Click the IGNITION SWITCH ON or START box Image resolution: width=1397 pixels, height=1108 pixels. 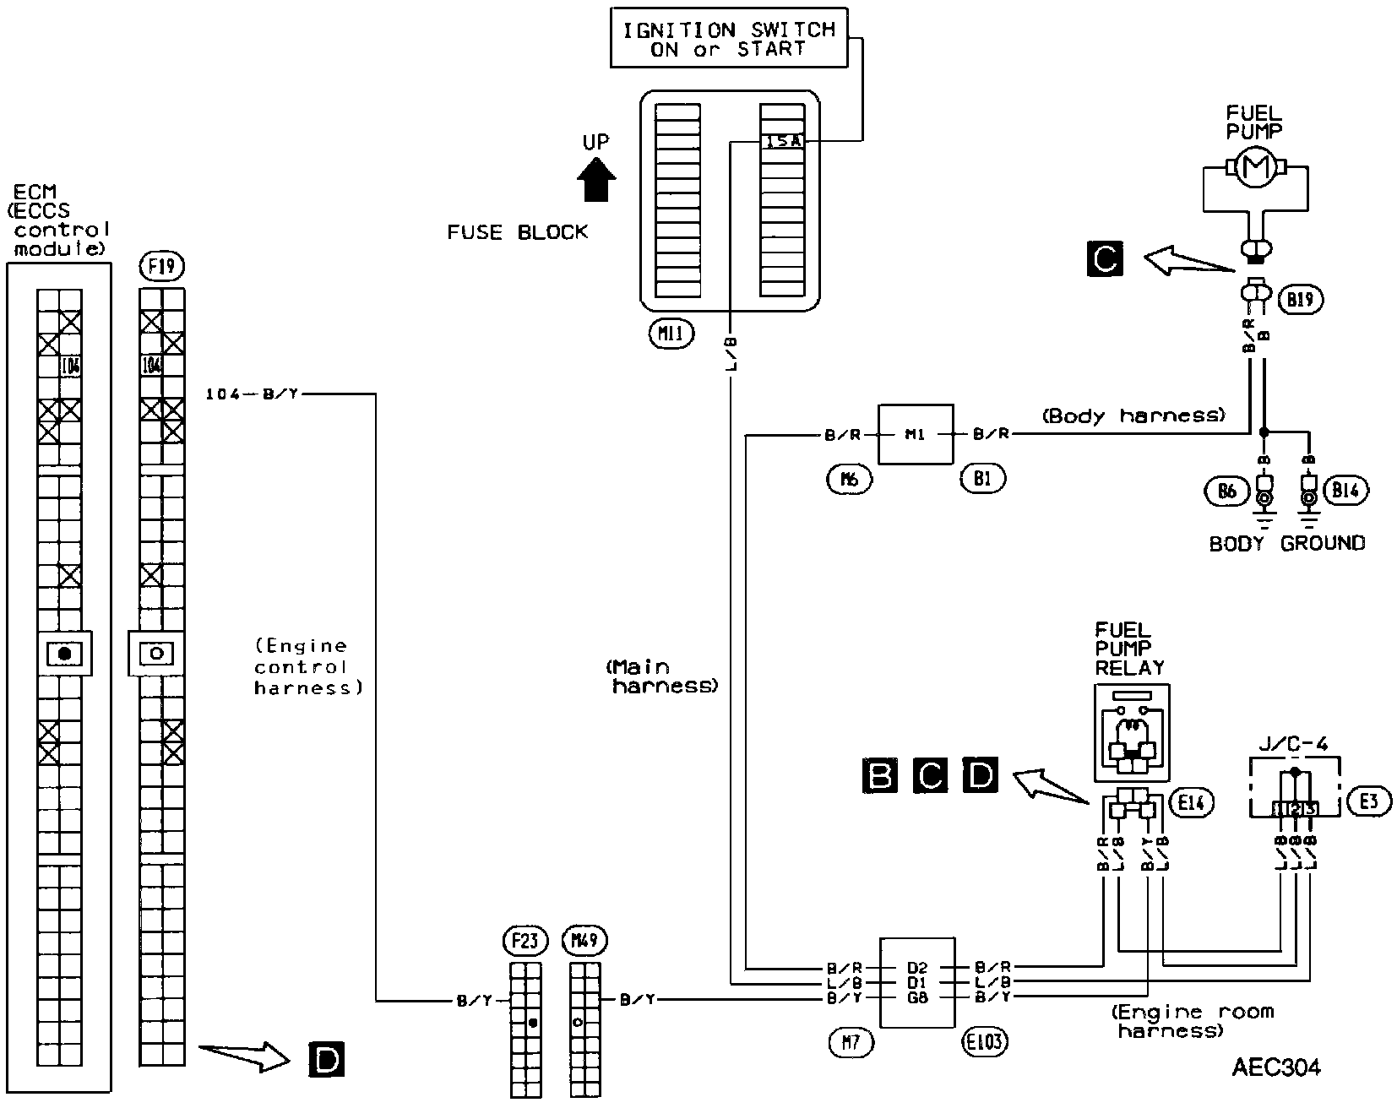pos(729,40)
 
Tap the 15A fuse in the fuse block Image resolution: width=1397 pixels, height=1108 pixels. pos(782,142)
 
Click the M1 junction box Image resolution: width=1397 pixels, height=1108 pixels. pos(916,435)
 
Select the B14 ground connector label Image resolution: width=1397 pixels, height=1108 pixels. pos(1350,491)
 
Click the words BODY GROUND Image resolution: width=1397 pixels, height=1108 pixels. pos(1286,543)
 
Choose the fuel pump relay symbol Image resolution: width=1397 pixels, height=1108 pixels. pos(1131,733)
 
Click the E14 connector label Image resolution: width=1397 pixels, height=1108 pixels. pos(1191,803)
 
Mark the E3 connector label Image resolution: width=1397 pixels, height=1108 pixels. pos(1369,801)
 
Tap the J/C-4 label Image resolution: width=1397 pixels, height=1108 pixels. pos(1295,742)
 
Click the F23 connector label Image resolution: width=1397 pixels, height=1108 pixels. pos(525,941)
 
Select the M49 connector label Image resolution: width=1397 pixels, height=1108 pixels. pos(588,941)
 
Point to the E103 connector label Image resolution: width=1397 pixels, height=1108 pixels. pos(985,1041)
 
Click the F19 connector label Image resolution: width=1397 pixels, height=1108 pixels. pos(160,268)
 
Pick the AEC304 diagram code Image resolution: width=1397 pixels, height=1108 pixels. pos(1275,1067)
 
